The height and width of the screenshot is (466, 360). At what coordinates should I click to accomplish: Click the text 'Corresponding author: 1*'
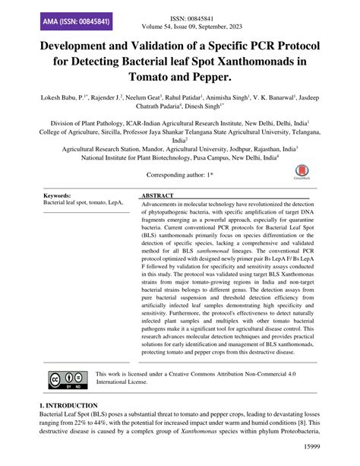[179, 174]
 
